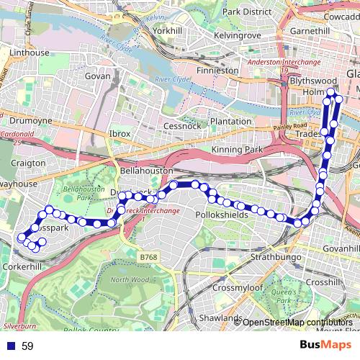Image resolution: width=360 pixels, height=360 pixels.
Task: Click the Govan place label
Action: pyautogui.click(x=97, y=76)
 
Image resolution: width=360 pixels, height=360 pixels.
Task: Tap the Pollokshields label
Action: pyautogui.click(x=222, y=215)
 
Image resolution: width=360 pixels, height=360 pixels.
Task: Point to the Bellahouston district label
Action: pyautogui.click(x=146, y=171)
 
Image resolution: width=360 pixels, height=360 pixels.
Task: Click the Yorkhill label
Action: pyautogui.click(x=168, y=32)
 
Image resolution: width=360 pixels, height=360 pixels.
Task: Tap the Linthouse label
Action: pyautogui.click(x=30, y=53)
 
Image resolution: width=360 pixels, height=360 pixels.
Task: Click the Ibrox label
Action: pyautogui.click(x=120, y=134)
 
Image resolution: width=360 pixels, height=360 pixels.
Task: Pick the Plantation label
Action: pyautogui.click(x=225, y=122)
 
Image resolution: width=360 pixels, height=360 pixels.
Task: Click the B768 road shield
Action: pyautogui.click(x=148, y=257)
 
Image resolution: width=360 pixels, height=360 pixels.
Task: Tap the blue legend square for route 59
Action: pyautogui.click(x=8, y=346)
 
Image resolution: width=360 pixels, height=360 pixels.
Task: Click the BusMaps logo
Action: pyautogui.click(x=326, y=345)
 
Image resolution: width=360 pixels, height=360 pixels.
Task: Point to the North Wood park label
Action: pyautogui.click(x=130, y=279)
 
